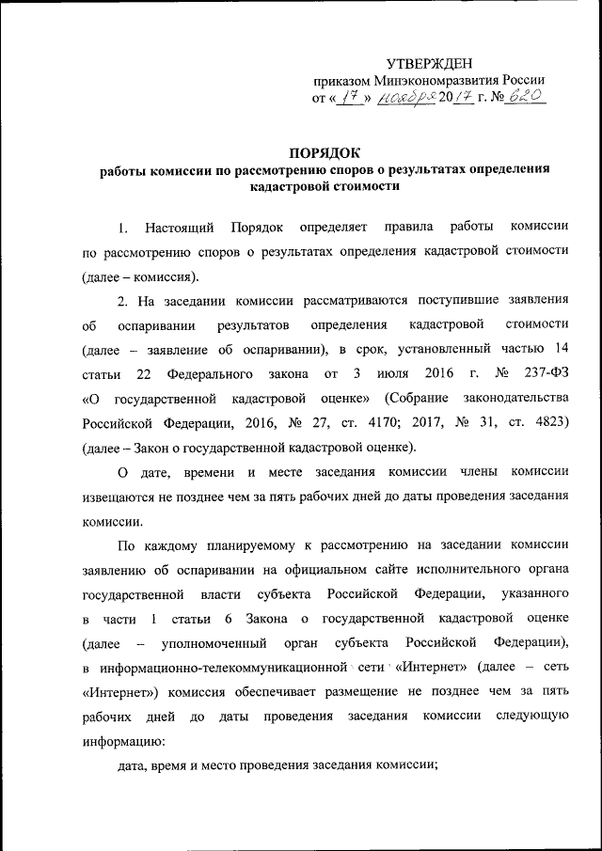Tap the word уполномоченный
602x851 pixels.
pyautogui.click(x=209, y=643)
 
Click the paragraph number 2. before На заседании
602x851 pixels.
pyautogui.click(x=122, y=300)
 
